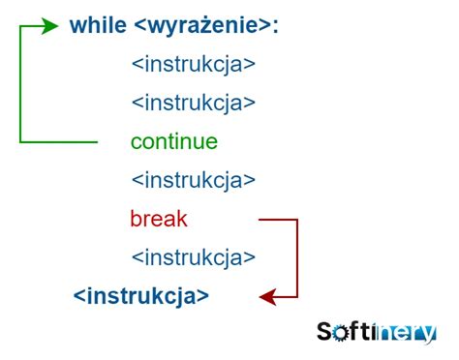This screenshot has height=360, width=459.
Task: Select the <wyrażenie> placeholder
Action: [199, 26]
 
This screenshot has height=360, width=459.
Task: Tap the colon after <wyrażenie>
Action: [275, 27]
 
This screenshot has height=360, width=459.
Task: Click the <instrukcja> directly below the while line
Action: [193, 65]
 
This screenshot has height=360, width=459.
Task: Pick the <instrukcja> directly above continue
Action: [193, 103]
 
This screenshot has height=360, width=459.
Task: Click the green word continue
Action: [174, 142]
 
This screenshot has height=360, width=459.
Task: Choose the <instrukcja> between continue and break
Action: [193, 180]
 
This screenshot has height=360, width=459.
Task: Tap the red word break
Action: [159, 220]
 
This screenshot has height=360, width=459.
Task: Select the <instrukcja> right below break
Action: [193, 257]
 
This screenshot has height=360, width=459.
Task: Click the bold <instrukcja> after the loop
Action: [141, 295]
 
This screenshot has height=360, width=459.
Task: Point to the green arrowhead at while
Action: [53, 27]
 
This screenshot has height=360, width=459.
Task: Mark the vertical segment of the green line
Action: [20, 85]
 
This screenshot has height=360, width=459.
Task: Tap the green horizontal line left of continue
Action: [58, 142]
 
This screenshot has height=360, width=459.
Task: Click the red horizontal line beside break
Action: [278, 220]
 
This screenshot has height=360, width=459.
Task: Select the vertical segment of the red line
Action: [297, 258]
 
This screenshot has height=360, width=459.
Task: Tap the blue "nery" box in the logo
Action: [406, 333]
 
